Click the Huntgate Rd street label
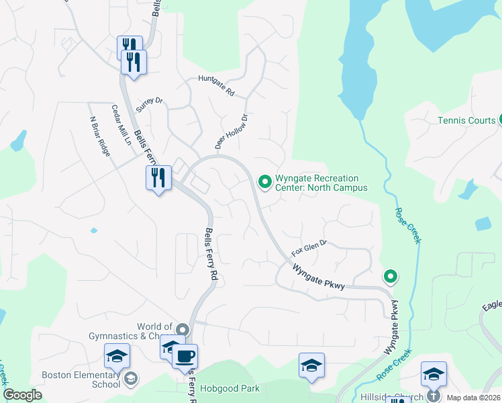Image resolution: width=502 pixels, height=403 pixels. [x=216, y=85]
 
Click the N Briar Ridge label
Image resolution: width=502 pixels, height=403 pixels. [x=99, y=137]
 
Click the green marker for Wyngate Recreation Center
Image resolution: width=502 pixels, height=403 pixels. [x=264, y=180]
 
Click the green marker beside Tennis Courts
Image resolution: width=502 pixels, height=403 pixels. [x=500, y=120]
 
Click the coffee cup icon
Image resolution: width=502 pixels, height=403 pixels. [x=185, y=356]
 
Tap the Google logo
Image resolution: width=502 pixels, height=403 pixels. [x=22, y=395]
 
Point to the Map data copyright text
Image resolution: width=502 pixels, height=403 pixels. [x=474, y=397]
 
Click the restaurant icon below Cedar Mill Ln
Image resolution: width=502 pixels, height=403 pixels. [x=158, y=179]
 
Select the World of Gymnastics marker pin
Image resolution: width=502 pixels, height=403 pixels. [x=183, y=330]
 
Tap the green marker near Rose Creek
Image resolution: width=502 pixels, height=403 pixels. [x=390, y=276]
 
